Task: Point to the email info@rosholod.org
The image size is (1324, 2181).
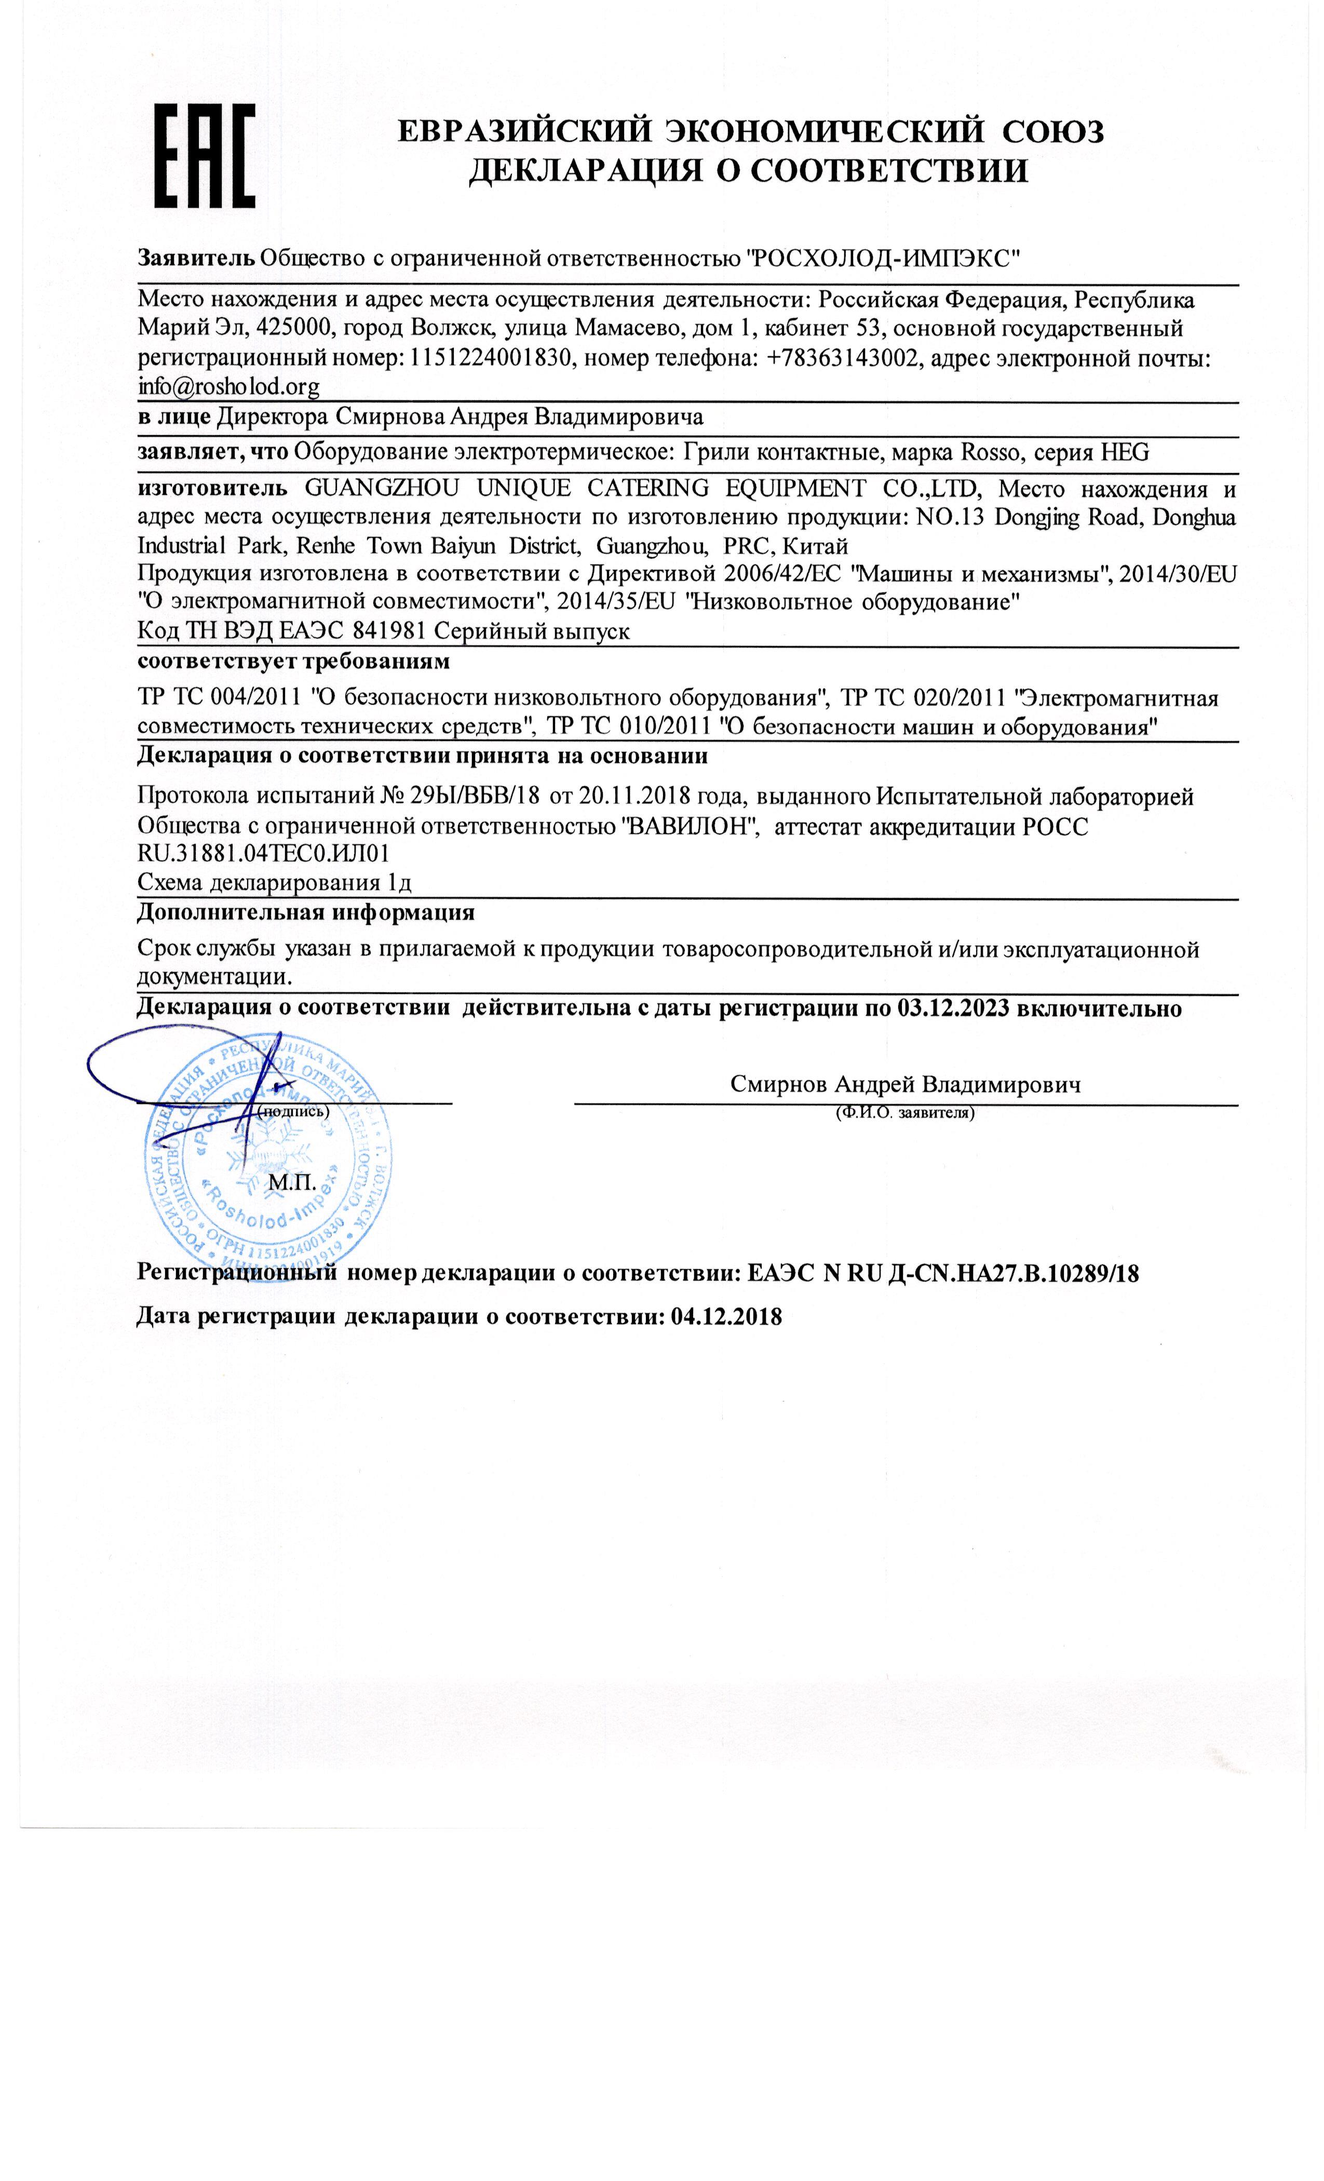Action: (228, 387)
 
